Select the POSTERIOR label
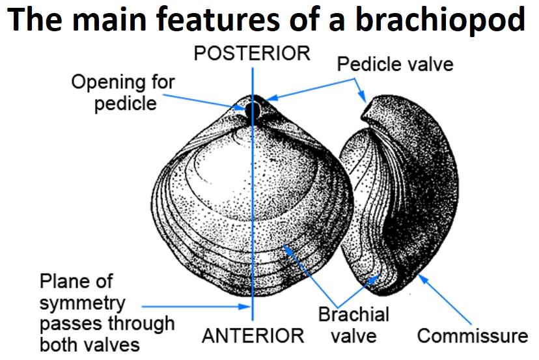point(253,53)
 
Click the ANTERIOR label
point(253,336)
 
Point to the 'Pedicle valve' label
point(395,64)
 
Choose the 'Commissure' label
point(472,336)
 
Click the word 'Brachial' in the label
point(353,315)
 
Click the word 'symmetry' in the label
point(82,303)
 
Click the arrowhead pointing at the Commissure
point(421,279)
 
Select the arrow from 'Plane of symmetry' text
point(195,305)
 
